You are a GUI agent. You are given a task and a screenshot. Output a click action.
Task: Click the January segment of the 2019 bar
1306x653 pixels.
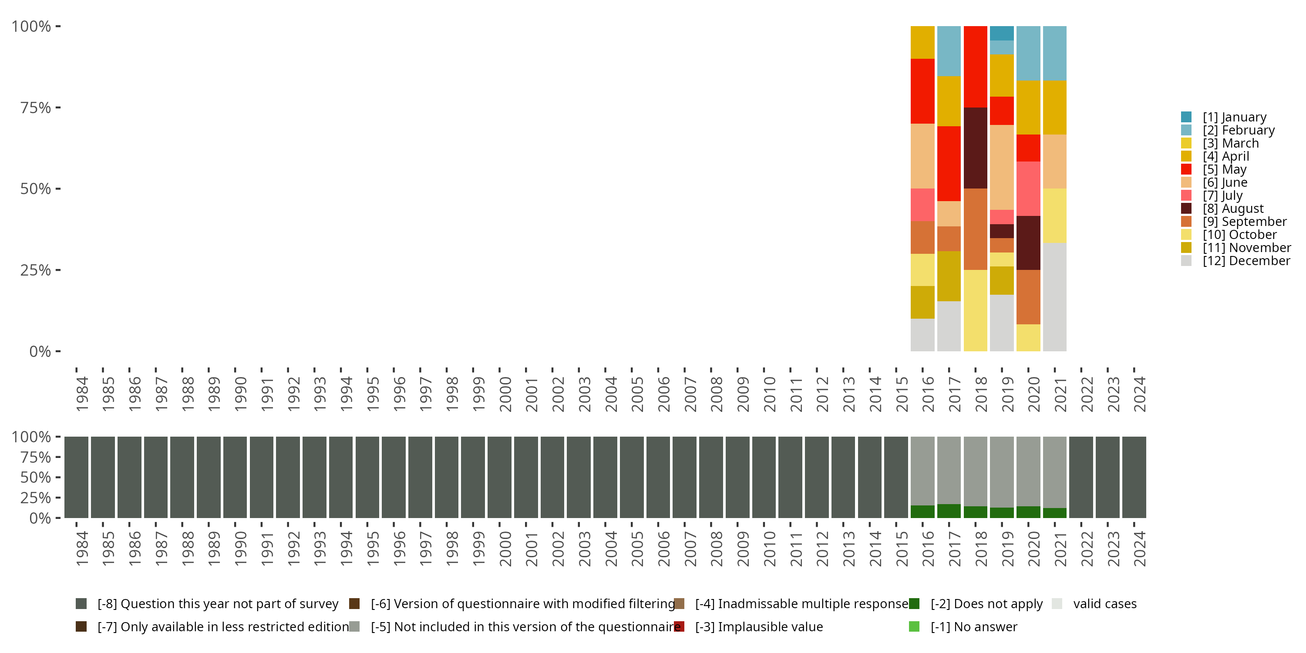(1001, 33)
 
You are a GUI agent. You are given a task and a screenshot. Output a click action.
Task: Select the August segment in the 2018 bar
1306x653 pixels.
(975, 148)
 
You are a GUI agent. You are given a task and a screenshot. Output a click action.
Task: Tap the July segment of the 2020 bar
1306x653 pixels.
(1028, 188)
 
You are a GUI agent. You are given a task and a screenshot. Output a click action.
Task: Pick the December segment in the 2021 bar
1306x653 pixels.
(1054, 296)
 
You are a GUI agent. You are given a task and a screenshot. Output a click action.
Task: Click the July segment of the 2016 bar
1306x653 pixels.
(922, 204)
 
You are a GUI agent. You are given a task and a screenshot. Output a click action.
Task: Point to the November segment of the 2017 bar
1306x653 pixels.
(949, 276)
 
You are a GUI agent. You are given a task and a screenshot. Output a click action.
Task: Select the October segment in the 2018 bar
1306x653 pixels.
(975, 310)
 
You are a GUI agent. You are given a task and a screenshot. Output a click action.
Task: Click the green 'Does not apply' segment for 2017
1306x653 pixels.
(949, 511)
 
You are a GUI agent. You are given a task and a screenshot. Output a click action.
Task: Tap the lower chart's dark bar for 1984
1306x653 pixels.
(77, 477)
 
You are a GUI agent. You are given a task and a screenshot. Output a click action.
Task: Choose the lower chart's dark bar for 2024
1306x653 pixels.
(1134, 477)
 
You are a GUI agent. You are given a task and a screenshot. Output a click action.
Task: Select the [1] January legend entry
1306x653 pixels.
(1234, 117)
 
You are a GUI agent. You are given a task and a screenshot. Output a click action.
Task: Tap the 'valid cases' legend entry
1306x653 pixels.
(1104, 604)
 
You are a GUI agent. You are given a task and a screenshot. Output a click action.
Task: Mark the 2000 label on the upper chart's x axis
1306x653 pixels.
(505, 394)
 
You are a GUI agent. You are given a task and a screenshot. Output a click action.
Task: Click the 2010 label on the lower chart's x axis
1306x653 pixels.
(769, 549)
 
